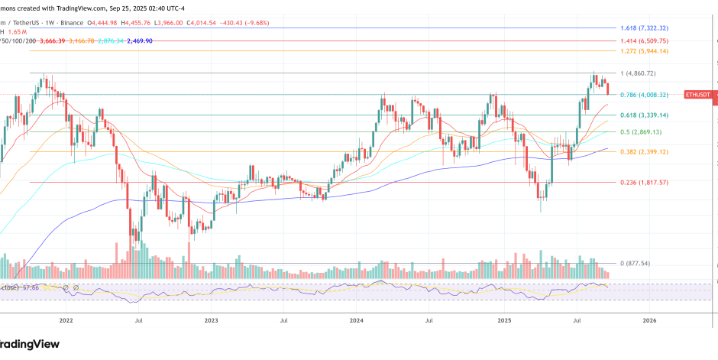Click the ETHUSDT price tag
point(697,94)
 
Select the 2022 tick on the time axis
point(66,322)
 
